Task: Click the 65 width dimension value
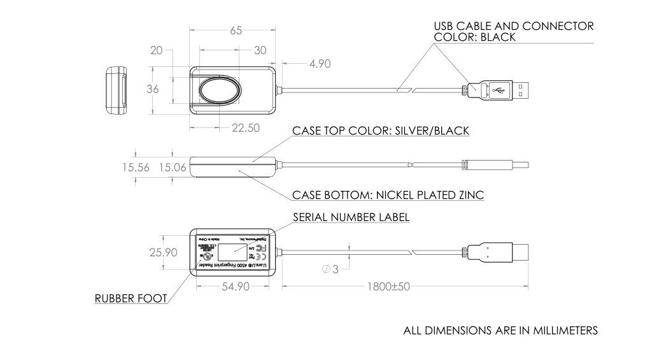click(x=236, y=32)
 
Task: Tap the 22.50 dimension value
click(x=245, y=128)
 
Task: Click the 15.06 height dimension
click(x=173, y=168)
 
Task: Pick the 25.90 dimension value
click(x=164, y=252)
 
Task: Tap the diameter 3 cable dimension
click(x=330, y=269)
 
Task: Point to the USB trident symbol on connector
click(x=497, y=90)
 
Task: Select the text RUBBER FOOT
click(x=131, y=298)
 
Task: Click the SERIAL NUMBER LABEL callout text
click(x=351, y=217)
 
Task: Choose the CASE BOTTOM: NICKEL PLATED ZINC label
click(x=388, y=194)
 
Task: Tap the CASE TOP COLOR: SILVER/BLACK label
click(x=380, y=131)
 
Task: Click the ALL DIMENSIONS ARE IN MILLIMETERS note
click(x=500, y=331)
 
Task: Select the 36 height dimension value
click(x=153, y=89)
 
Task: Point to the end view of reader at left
click(x=115, y=90)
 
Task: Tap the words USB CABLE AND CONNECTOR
click(x=513, y=26)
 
